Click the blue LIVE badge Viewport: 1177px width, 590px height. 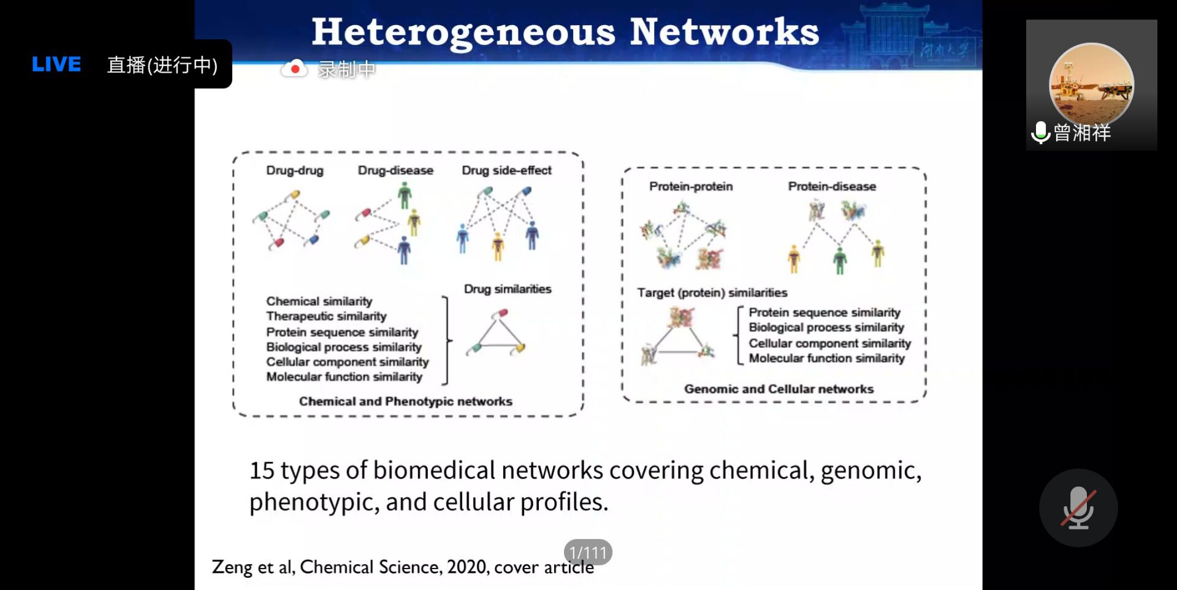point(56,64)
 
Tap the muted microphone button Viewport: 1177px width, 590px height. point(1078,507)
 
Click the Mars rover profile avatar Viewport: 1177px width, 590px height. point(1091,83)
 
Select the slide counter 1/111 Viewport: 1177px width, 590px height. point(587,553)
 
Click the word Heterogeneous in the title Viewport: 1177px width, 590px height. point(463,32)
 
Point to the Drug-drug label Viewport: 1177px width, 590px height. point(294,170)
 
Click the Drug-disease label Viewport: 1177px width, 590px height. point(395,170)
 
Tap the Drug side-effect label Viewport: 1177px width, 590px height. point(506,170)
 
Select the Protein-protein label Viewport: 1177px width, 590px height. point(691,186)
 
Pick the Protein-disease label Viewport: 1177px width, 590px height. point(832,186)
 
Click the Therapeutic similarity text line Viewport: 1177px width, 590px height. point(326,316)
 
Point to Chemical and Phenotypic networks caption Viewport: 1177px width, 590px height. point(405,401)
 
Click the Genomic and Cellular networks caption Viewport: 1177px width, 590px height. point(779,389)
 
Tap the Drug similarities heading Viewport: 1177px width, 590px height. point(508,289)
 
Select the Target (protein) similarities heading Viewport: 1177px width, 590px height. point(712,293)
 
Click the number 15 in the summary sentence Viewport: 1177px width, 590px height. point(262,471)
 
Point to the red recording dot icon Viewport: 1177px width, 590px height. point(295,69)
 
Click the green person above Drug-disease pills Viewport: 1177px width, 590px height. point(404,195)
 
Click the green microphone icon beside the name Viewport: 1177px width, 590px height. point(1040,132)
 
